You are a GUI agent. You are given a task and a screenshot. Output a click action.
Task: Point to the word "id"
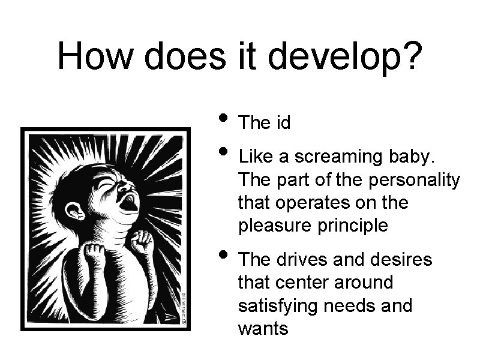[x=283, y=123]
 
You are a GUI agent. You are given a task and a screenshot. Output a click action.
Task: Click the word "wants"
[x=263, y=329]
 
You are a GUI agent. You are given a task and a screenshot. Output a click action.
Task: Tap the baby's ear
[x=76, y=211]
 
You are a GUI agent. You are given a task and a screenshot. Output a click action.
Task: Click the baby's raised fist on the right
[x=142, y=242]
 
